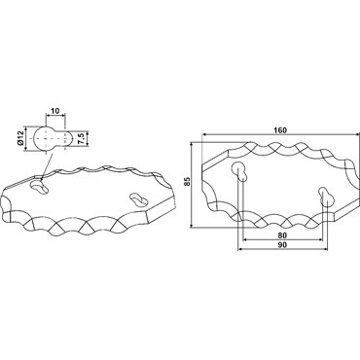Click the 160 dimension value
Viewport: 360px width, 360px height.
point(280,130)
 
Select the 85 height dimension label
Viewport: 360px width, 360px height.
point(188,182)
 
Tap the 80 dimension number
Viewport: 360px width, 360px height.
point(282,235)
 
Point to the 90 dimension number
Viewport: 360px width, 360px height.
point(282,245)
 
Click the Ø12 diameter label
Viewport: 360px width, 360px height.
point(20,138)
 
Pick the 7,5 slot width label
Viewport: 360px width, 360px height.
point(82,138)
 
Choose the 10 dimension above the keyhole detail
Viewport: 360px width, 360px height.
point(55,111)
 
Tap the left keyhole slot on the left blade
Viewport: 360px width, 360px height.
point(40,187)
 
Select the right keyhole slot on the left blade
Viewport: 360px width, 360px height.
point(138,200)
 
